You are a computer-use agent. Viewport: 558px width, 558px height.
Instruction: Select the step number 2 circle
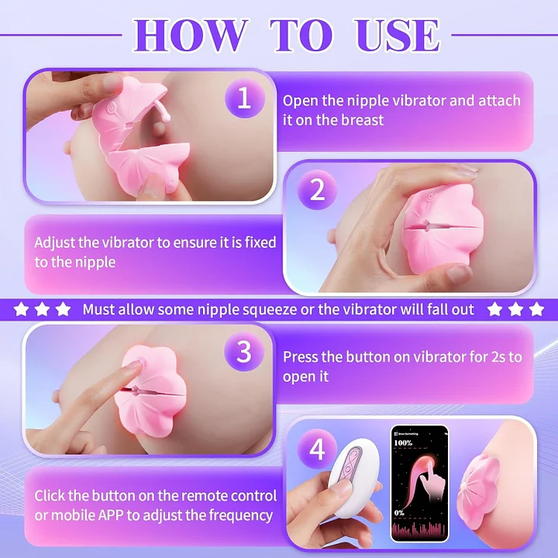318,191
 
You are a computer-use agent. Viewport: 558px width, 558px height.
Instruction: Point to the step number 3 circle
244,353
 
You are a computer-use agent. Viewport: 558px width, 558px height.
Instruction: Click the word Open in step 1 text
299,101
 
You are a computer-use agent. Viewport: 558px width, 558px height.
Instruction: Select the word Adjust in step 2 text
55,243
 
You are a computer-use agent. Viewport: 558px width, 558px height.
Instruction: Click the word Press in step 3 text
301,357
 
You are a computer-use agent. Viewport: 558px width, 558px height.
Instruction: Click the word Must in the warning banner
99,309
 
